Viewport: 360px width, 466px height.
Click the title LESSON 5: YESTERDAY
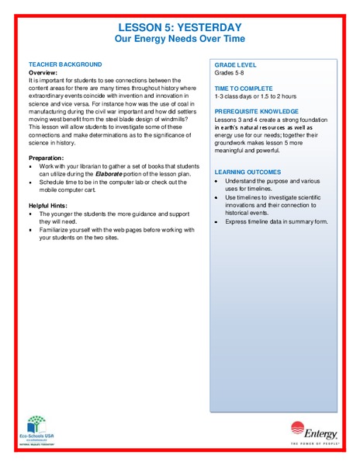[x=179, y=26]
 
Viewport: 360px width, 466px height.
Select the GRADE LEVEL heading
[x=236, y=64]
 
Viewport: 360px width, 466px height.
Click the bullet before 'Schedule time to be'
[x=30, y=183]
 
